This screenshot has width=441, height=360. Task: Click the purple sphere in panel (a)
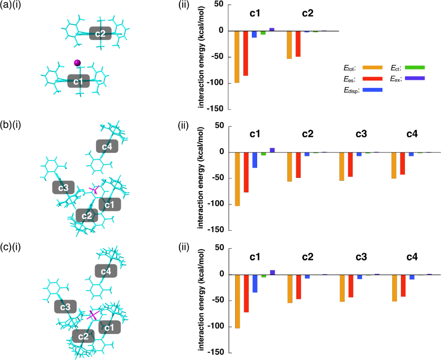[x=77, y=63]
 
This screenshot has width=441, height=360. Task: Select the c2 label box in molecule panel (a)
[x=100, y=33]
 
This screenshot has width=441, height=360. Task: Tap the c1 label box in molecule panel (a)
[x=78, y=81]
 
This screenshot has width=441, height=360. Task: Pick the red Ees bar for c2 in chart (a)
[x=298, y=44]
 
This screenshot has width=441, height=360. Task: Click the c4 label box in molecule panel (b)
[x=107, y=146]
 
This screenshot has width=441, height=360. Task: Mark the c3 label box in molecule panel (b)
[x=63, y=188]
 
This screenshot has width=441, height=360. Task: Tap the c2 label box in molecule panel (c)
[x=84, y=336]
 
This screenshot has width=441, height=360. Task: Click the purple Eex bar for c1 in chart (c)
[x=272, y=272]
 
